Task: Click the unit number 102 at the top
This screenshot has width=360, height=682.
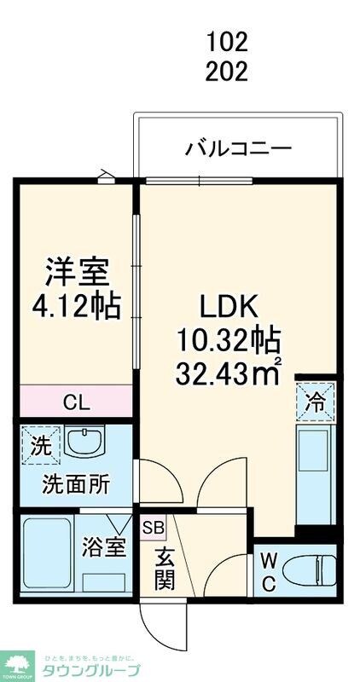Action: coord(227,41)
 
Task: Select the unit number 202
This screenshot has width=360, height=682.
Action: coord(227,72)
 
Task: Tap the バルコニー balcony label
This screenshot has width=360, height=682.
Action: coord(240,150)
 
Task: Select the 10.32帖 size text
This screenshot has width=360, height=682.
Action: coord(228,339)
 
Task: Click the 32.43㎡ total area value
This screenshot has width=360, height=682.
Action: coord(228,372)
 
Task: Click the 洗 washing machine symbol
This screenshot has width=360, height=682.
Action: coord(40,444)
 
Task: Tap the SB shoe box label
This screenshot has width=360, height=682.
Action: coord(154,528)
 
